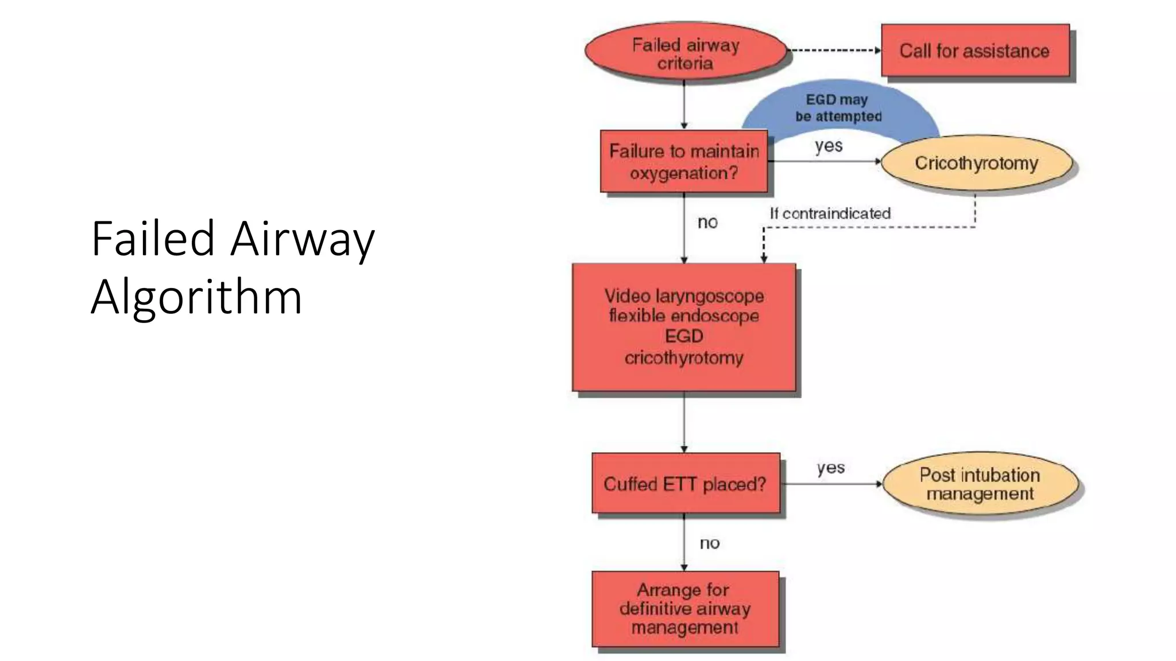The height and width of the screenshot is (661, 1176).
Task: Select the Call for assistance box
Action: click(x=974, y=50)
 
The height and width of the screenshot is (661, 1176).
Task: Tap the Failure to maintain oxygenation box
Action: click(x=683, y=161)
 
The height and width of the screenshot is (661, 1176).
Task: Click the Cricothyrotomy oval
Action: click(x=976, y=163)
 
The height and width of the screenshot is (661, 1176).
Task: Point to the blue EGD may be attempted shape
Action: click(x=838, y=108)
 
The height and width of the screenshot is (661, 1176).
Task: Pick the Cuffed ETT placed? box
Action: click(x=685, y=484)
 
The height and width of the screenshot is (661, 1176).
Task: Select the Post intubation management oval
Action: click(x=980, y=484)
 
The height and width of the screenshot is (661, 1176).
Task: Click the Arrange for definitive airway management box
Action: click(x=685, y=608)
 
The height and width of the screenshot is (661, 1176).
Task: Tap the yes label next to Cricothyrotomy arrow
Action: click(x=829, y=146)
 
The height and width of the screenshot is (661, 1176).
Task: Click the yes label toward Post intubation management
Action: click(x=830, y=468)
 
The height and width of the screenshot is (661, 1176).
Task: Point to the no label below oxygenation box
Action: click(x=707, y=222)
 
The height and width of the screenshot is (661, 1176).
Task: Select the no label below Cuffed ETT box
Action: click(x=709, y=543)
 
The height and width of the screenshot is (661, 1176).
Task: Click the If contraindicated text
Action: click(x=830, y=213)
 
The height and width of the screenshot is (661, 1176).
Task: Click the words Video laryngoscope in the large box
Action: click(x=684, y=296)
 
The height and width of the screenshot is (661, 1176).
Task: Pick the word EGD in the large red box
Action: click(x=684, y=336)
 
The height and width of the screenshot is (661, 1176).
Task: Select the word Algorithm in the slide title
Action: click(x=196, y=297)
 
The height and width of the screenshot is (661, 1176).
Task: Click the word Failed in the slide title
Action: click(x=153, y=238)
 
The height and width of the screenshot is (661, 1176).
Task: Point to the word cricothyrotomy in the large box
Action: click(x=684, y=358)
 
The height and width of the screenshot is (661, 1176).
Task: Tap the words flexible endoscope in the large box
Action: click(x=684, y=316)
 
